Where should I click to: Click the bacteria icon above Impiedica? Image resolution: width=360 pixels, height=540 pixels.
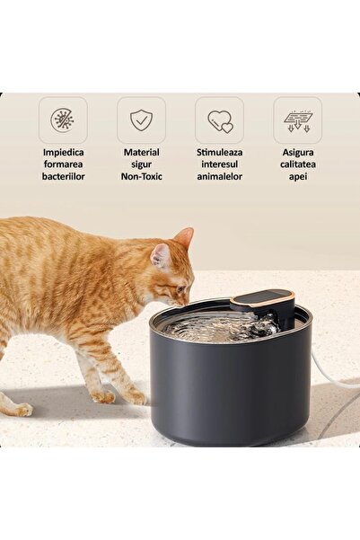[x=63, y=120]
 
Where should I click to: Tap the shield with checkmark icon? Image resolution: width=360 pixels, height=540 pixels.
[x=141, y=120]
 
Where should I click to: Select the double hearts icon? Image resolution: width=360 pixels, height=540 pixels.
[x=220, y=121]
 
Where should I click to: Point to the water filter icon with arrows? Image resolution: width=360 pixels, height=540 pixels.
[x=298, y=121]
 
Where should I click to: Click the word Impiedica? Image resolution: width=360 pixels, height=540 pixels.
[x=64, y=152]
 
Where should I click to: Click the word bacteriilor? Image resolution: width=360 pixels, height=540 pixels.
[x=64, y=177]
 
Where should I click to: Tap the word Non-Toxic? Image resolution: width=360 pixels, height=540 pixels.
[x=142, y=177]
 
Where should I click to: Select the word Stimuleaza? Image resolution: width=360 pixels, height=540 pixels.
[x=220, y=152]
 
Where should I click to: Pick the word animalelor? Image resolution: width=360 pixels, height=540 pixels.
[x=220, y=177]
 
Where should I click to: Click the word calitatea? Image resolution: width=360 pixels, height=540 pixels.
[x=298, y=164]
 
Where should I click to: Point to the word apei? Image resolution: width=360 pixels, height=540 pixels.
[x=298, y=177]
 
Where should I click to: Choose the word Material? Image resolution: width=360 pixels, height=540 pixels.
[x=142, y=152]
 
